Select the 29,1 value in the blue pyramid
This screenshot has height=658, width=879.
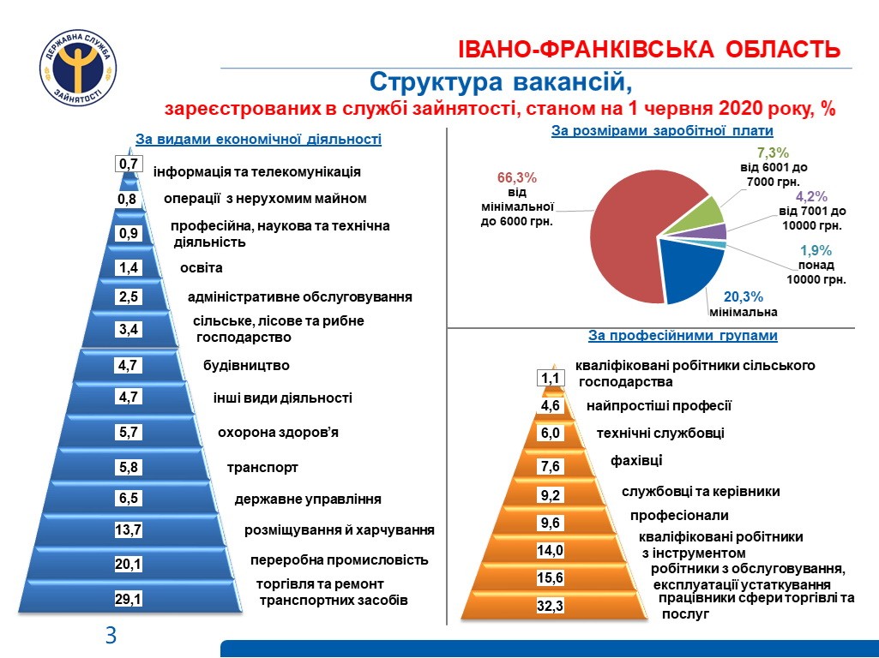point(128,600)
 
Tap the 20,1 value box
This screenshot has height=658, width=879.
point(128,565)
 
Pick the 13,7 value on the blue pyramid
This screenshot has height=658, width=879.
point(128,530)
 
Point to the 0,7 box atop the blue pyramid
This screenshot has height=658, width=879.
point(129,164)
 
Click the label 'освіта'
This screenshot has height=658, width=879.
point(201,268)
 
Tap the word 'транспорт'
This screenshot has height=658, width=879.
point(262,468)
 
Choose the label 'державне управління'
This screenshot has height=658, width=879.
point(308,499)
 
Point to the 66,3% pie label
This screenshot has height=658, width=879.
point(517,178)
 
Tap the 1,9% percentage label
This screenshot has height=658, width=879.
point(816,251)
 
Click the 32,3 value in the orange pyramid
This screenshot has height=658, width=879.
point(550,607)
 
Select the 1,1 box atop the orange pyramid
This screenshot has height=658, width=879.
point(550,378)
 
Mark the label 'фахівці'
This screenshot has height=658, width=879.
point(636,461)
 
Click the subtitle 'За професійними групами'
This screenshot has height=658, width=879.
point(683,336)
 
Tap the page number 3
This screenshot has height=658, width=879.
point(111,636)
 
